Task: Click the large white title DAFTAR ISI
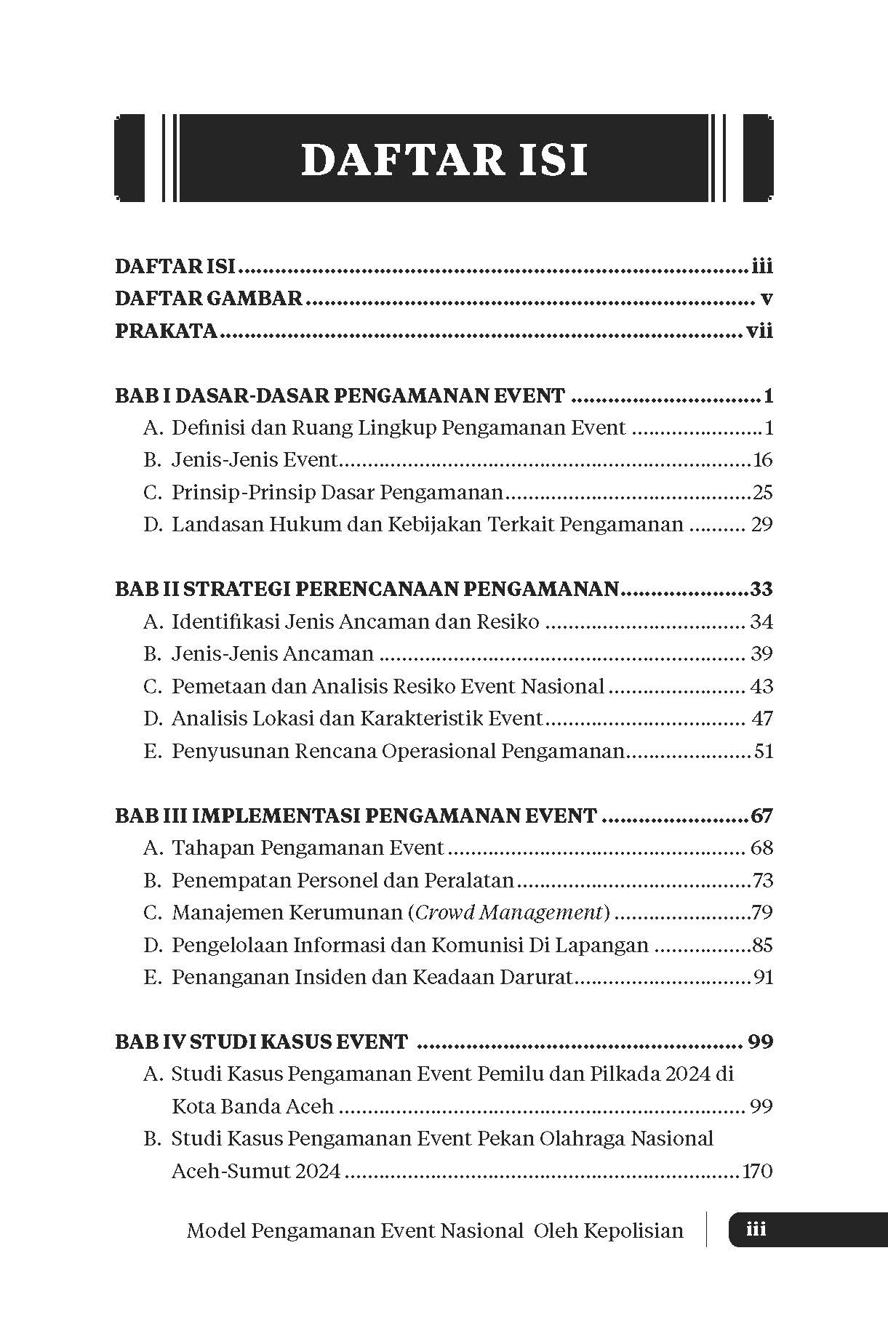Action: [x=444, y=160]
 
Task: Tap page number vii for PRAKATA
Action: [x=759, y=331]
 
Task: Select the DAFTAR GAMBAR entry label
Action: [x=209, y=299]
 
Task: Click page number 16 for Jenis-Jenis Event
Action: [x=762, y=460]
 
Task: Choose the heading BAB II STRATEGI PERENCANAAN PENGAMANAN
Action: [x=367, y=589]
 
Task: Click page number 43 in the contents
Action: [x=761, y=686]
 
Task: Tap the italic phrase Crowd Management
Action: [x=511, y=912]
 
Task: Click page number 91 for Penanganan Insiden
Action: [x=763, y=977]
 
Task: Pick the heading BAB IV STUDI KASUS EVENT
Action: [x=261, y=1042]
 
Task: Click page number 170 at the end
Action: [x=756, y=1171]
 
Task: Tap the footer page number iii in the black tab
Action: [x=756, y=1230]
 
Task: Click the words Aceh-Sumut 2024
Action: [x=256, y=1171]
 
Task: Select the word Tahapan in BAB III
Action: [x=212, y=847]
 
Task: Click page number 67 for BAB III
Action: [x=761, y=815]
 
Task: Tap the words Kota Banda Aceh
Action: [x=252, y=1106]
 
